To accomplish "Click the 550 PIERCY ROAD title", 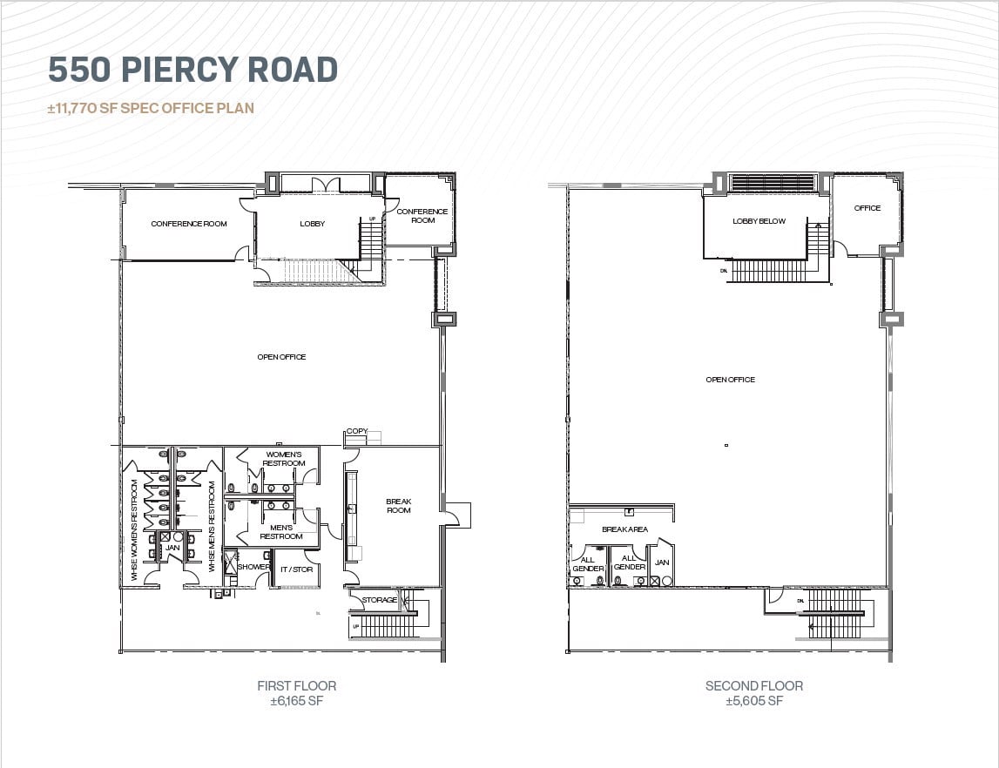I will pyautogui.click(x=192, y=70).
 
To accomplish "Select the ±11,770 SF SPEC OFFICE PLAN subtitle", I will pyautogui.click(x=151, y=109).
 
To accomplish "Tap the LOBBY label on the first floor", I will pyautogui.click(x=312, y=224).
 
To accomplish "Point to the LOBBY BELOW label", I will pyautogui.click(x=758, y=221).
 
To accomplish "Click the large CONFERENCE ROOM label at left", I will pyautogui.click(x=189, y=224).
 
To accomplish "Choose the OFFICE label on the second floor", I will pyautogui.click(x=867, y=208).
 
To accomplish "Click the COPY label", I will pyautogui.click(x=356, y=431).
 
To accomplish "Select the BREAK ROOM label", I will pyautogui.click(x=398, y=506).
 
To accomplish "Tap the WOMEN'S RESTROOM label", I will pyautogui.click(x=284, y=459).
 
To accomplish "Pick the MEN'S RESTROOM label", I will pyautogui.click(x=281, y=532).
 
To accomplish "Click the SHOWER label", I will pyautogui.click(x=253, y=567).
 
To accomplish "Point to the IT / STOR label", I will pyautogui.click(x=296, y=569).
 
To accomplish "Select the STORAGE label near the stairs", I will pyautogui.click(x=379, y=600).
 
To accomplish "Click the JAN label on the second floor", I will pyautogui.click(x=662, y=563).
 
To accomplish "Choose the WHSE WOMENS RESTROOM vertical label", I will pyautogui.click(x=135, y=529).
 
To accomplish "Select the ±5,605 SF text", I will pyautogui.click(x=753, y=701).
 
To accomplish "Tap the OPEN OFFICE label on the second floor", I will pyautogui.click(x=730, y=380).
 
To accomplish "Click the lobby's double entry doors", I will pyautogui.click(x=327, y=185).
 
